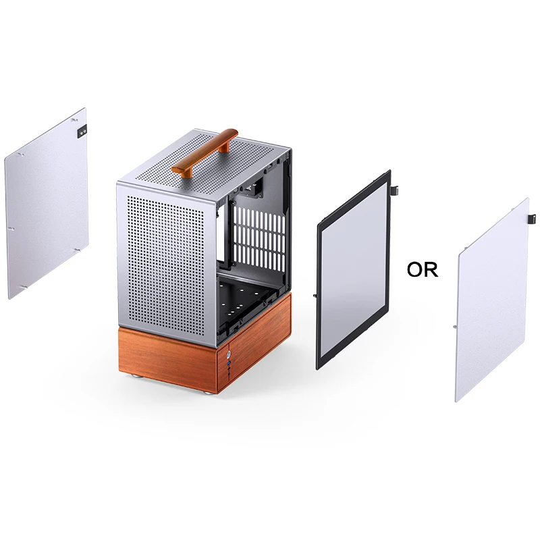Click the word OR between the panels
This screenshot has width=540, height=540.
(423, 270)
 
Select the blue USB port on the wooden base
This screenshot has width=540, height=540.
(230, 365)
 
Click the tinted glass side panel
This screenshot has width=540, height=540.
(354, 270)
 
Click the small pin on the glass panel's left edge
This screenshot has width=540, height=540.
(316, 296)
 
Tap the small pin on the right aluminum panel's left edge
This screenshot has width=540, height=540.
(456, 326)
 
